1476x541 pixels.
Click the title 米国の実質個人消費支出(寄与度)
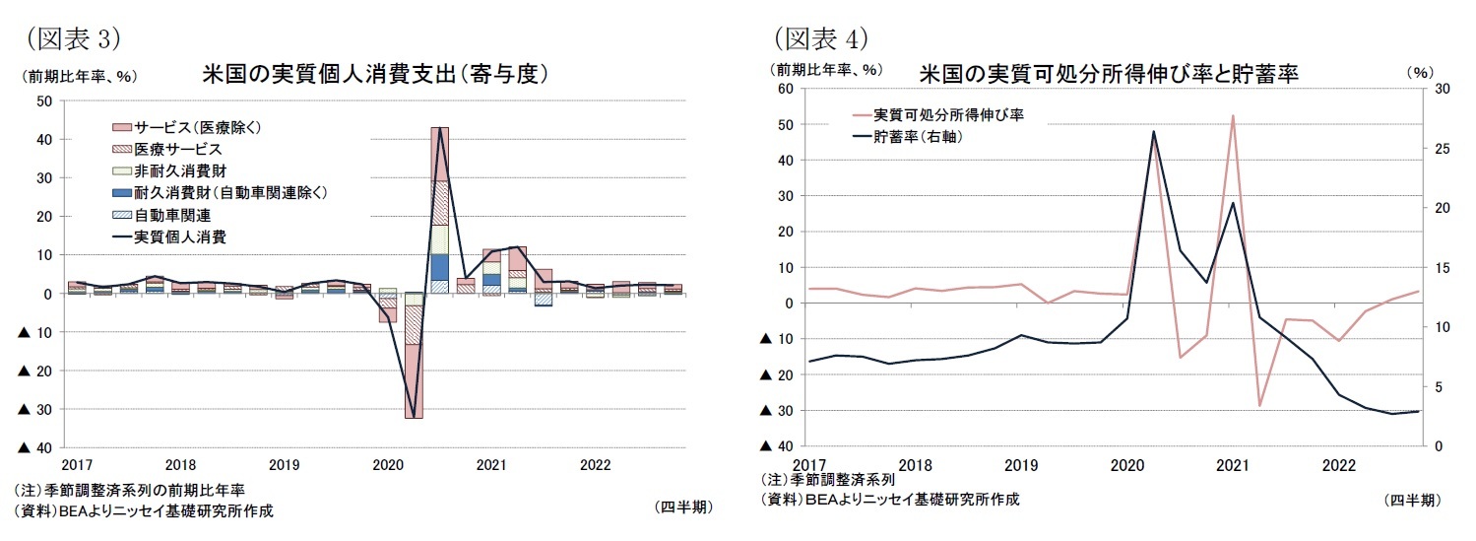375,74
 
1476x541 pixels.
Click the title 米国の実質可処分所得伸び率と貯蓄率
1109,74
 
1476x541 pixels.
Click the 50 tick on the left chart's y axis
44,101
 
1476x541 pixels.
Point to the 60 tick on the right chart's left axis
786,89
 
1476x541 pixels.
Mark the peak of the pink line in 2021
1233,115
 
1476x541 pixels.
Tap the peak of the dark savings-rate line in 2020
1153,131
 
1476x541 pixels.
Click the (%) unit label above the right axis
1421,71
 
